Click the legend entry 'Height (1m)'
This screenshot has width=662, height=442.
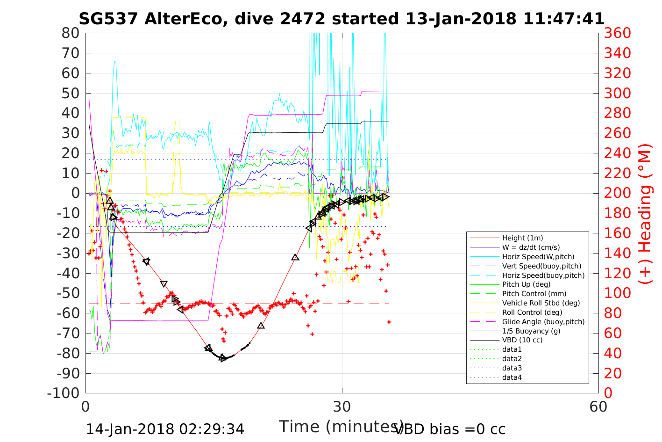click(522, 238)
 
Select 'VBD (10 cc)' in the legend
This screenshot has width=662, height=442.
click(522, 340)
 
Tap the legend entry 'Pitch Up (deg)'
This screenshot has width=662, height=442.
click(526, 284)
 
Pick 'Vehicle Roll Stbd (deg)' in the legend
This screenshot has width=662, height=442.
click(541, 303)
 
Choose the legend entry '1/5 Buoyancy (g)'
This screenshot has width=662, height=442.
click(531, 331)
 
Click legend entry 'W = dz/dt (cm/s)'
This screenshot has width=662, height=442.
click(531, 247)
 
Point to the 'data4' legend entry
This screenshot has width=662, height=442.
click(512, 377)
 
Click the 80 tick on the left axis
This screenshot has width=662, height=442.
click(70, 33)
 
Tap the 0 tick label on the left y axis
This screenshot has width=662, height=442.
click(75, 193)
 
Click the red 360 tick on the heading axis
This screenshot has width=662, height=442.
click(617, 33)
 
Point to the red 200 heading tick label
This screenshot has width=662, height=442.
click(617, 193)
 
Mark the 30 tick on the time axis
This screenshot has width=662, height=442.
click(342, 406)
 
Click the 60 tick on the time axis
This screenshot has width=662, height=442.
click(598, 406)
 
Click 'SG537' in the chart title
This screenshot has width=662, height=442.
click(108, 19)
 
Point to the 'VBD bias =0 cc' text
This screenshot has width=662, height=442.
click(450, 429)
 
